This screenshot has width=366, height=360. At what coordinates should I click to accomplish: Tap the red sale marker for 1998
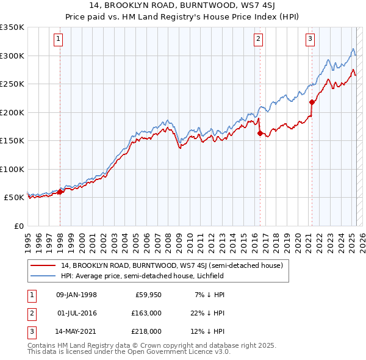tap(60, 192)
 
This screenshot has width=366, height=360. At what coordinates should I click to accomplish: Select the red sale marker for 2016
tap(260, 133)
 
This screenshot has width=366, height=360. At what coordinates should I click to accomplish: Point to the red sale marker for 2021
tap(312, 102)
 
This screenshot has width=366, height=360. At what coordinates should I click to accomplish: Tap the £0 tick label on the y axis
tap(18, 226)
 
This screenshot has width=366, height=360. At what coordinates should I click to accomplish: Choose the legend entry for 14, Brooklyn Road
tap(172, 266)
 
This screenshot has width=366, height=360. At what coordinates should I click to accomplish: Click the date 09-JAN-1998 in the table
tap(76, 295)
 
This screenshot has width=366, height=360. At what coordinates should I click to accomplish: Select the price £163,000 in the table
tap(147, 313)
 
